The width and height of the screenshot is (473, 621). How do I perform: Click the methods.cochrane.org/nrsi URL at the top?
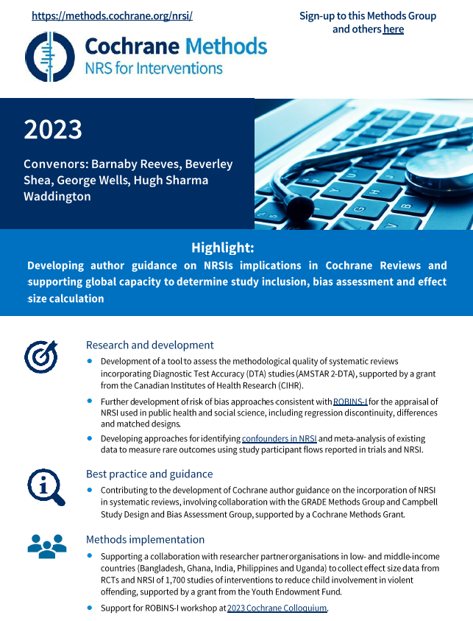(x=112, y=15)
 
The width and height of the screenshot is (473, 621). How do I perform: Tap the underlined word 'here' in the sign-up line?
(x=393, y=29)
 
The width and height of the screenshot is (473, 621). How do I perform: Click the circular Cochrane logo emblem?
(x=50, y=56)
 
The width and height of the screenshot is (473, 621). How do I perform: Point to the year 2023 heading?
(x=53, y=130)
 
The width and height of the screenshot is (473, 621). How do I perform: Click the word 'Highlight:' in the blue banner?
(x=222, y=248)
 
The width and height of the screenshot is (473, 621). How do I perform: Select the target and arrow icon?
(x=40, y=357)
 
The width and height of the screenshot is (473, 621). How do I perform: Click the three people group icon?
(x=46, y=546)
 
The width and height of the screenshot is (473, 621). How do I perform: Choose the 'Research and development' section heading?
(x=150, y=345)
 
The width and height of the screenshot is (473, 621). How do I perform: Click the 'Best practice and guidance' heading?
(x=149, y=474)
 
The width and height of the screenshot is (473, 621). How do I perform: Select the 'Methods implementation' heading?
(x=145, y=539)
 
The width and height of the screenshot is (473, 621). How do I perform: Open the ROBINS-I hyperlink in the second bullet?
(x=350, y=402)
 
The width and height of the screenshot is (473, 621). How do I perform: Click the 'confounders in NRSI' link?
(x=280, y=438)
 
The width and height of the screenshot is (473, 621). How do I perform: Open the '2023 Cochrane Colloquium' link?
(x=277, y=608)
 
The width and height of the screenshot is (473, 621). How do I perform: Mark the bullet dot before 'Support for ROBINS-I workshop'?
(x=90, y=608)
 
